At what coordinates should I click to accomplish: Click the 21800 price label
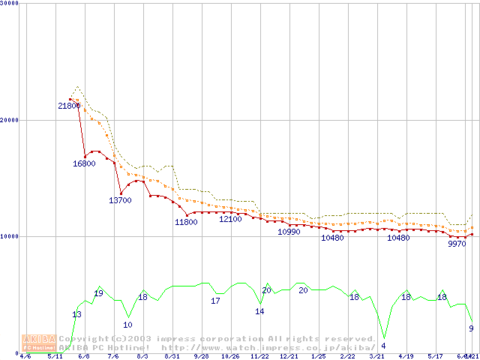click(x=69, y=106)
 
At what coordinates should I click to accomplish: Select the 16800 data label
click(x=84, y=163)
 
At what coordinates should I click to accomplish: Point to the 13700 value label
click(x=120, y=200)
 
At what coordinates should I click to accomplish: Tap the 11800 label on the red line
click(x=186, y=222)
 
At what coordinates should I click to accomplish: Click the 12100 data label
click(x=230, y=219)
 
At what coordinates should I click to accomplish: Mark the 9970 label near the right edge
click(x=457, y=244)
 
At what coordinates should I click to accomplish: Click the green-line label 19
click(x=98, y=293)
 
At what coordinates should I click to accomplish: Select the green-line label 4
click(x=383, y=346)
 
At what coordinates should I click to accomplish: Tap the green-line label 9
click(x=471, y=328)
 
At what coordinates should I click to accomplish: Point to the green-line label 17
click(x=215, y=301)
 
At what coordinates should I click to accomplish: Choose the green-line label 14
click(x=259, y=311)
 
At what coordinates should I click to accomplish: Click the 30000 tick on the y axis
click(x=10, y=4)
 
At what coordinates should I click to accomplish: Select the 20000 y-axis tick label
click(x=10, y=120)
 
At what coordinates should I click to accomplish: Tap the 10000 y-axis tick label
click(x=10, y=236)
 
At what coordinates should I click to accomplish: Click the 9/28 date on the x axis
click(x=201, y=356)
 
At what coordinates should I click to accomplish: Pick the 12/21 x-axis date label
click(x=289, y=356)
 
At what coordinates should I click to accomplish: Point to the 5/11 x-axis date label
click(x=55, y=356)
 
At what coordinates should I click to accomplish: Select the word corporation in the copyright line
click(x=223, y=339)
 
